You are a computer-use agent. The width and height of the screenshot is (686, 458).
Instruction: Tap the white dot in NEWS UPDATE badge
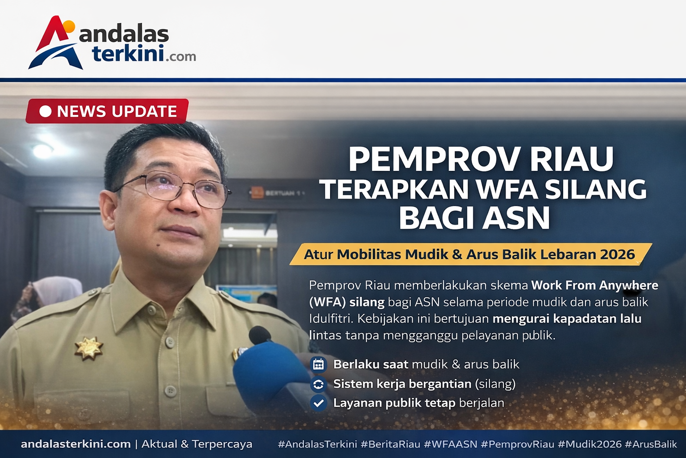[x=45, y=111]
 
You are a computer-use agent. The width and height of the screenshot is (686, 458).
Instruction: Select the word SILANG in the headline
[x=596, y=189]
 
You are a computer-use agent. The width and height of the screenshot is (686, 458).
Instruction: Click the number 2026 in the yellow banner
[x=617, y=254]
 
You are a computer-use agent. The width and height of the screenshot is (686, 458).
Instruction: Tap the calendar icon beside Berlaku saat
[x=318, y=365]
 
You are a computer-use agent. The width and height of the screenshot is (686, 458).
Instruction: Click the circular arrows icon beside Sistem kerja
[x=318, y=384]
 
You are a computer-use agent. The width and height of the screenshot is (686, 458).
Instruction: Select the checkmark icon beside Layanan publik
[x=318, y=403]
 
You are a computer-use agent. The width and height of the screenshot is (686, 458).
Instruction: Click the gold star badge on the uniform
[x=88, y=348]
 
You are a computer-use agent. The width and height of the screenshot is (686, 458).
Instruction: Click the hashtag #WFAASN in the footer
[x=450, y=444]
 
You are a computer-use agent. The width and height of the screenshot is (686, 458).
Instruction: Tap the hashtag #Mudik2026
[x=590, y=444]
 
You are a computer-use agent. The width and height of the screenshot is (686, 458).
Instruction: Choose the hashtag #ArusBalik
[x=651, y=444]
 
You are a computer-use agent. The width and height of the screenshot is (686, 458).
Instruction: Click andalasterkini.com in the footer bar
[x=75, y=444]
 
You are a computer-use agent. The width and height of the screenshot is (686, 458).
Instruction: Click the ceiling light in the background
[x=43, y=151]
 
